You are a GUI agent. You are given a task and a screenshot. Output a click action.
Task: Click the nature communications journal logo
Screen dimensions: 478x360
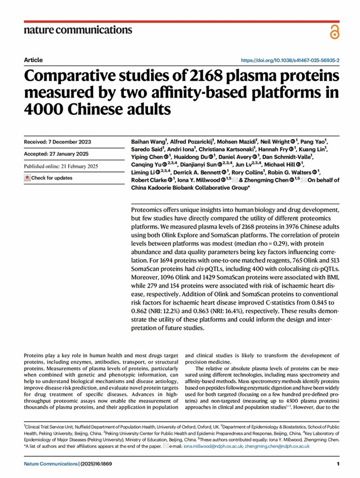click(x=78, y=29)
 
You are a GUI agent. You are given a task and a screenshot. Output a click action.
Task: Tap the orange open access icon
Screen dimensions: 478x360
click(x=334, y=32)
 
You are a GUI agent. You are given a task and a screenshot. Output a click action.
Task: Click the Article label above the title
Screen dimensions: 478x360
click(x=33, y=60)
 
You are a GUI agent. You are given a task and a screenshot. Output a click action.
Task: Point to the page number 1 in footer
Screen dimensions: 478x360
click(x=338, y=465)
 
